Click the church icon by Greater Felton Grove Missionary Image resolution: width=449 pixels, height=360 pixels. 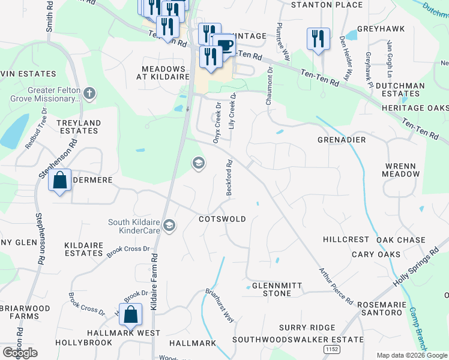(89, 93)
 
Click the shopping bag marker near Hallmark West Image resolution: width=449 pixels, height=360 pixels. (130, 314)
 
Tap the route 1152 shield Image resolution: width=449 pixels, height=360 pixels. (331, 349)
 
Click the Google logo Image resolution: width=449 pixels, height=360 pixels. (20, 353)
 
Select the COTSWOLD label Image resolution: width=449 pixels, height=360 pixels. (222, 219)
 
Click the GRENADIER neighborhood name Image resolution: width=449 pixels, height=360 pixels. (342, 140)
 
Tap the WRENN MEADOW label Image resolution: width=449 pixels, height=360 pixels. (402, 169)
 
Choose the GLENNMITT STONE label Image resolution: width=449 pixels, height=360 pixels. (271, 289)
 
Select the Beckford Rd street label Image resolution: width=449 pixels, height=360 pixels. (229, 178)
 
